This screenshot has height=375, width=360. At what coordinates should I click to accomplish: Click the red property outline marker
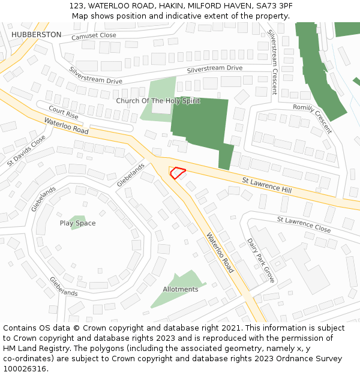[178, 173]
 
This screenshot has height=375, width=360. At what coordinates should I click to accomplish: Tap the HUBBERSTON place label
[36, 35]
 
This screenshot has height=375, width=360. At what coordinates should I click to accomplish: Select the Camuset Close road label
[94, 36]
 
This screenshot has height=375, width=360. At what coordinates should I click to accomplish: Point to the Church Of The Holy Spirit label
[158, 101]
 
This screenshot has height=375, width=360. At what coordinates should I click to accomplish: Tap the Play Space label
[77, 223]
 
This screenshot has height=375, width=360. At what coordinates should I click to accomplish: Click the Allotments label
[181, 289]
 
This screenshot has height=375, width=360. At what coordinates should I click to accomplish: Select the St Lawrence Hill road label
[266, 185]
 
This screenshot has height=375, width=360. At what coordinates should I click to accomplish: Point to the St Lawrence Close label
[304, 224]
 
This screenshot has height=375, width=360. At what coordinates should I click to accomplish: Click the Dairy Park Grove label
[260, 260]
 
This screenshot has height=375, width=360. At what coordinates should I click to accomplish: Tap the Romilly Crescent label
[312, 119]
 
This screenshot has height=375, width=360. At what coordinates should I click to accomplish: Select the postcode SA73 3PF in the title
[276, 5]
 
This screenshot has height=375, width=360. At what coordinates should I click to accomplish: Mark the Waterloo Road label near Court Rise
[66, 126]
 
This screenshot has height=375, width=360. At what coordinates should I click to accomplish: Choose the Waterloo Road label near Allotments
[220, 253]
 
